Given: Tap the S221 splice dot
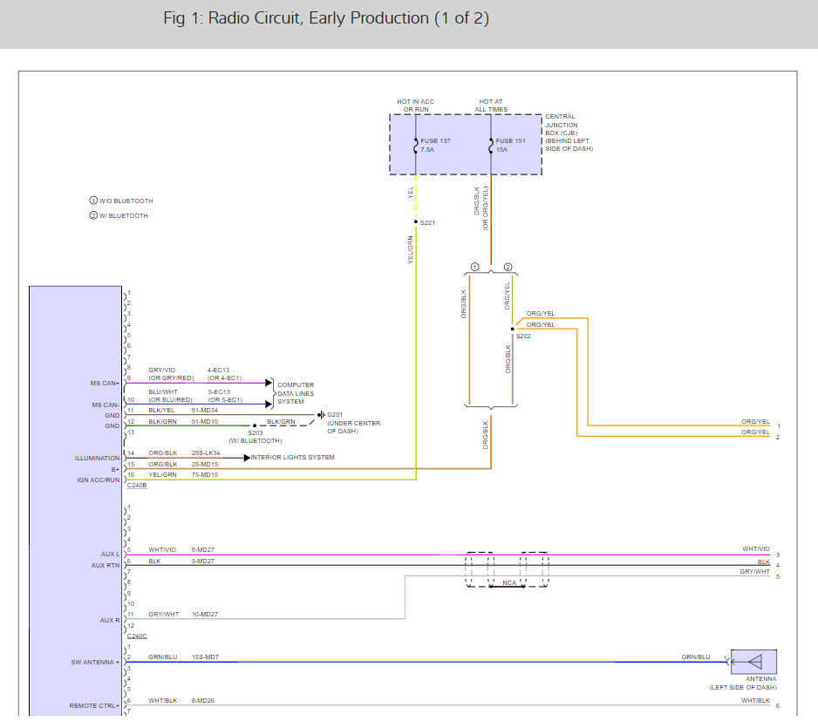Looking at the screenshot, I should (x=416, y=222).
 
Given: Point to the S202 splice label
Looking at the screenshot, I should (x=523, y=336).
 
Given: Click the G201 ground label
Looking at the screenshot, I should (x=336, y=415).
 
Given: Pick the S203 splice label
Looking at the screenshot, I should (x=255, y=432).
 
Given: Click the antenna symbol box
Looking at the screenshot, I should (x=753, y=662).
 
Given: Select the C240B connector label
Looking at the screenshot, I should (x=137, y=485).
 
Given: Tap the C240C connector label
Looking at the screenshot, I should (x=137, y=636).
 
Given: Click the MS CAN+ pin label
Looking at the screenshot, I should (x=105, y=383).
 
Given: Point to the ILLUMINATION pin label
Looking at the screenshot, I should (x=98, y=458).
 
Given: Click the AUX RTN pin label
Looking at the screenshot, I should (x=105, y=565).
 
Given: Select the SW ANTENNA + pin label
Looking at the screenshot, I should (x=95, y=662).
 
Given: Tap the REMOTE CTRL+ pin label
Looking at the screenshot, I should (x=95, y=705).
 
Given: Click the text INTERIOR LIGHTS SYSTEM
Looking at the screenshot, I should (x=293, y=457).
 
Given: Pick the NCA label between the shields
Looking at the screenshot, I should (x=509, y=583).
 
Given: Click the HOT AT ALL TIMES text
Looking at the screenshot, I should (x=491, y=105).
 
